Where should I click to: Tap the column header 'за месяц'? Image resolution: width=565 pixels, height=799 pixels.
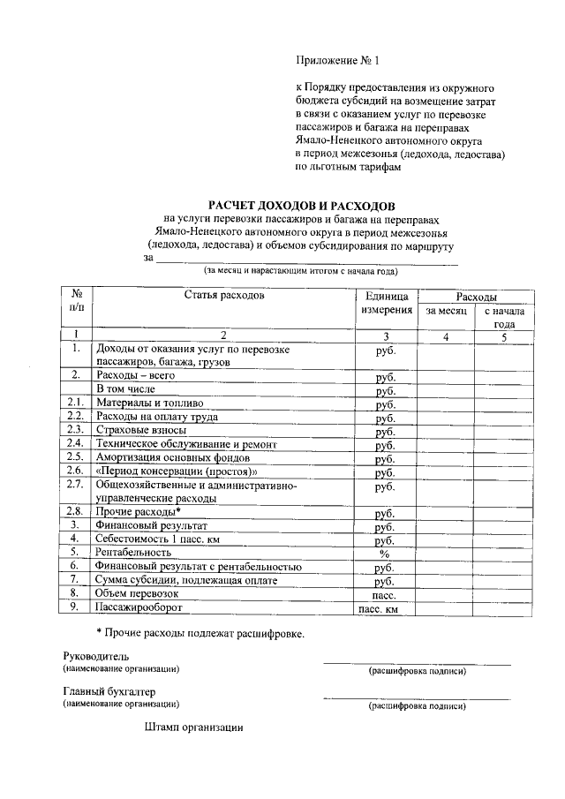click(446, 311)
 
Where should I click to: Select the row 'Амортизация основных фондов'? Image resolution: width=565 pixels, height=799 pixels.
click(173, 457)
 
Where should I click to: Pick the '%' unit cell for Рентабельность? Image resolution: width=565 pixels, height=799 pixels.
click(384, 554)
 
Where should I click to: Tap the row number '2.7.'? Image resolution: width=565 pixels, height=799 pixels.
click(76, 485)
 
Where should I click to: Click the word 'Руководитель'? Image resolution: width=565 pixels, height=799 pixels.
click(95, 657)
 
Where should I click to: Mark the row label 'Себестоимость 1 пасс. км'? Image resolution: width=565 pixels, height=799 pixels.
click(157, 539)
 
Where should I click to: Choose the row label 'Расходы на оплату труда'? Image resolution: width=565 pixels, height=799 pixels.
click(157, 416)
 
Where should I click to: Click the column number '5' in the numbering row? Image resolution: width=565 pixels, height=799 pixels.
click(504, 336)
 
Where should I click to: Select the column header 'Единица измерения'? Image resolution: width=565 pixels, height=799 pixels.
click(385, 303)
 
